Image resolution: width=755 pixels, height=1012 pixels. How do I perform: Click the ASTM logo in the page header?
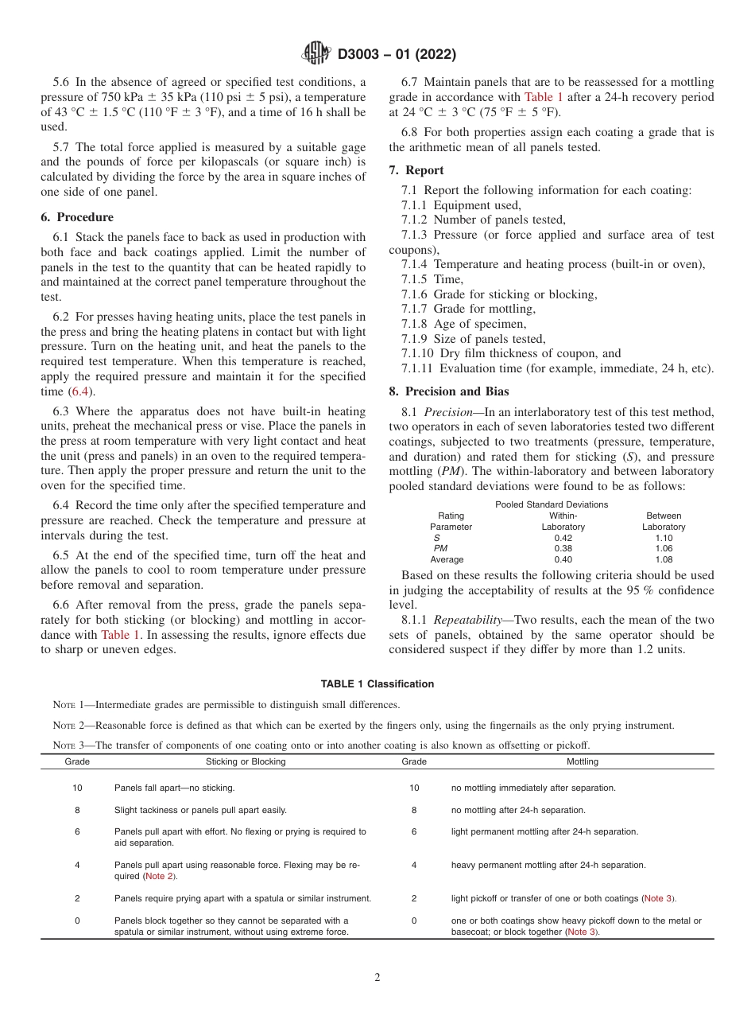point(316,54)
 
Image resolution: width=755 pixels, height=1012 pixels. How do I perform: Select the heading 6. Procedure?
point(77,217)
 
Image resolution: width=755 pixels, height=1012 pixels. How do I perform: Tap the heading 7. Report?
point(416,170)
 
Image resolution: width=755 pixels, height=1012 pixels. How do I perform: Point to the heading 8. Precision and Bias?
point(449,391)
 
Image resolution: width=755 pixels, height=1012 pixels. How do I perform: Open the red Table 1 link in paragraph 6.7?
point(544,97)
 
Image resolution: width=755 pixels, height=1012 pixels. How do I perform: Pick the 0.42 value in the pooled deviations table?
point(563,538)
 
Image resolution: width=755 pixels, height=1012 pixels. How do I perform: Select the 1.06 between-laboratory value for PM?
point(664,548)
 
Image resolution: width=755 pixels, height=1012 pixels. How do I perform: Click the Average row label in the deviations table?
point(447,559)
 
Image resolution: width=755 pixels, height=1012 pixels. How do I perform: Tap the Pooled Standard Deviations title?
point(552,504)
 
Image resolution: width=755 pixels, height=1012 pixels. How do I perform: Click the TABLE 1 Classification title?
point(377,684)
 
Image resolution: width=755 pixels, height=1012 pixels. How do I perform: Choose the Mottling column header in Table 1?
point(582,761)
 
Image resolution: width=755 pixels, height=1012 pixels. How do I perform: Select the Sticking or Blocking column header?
point(246,761)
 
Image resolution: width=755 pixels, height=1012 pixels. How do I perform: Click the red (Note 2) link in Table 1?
point(160,876)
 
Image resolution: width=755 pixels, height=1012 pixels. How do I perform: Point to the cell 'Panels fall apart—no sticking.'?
point(174,788)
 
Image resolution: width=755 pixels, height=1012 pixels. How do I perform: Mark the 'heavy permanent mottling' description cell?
point(548,865)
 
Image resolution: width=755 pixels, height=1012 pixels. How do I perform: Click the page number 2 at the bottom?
point(377,978)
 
